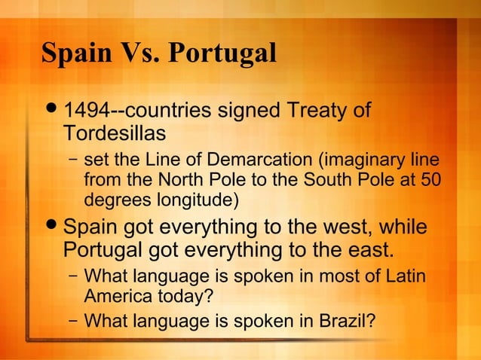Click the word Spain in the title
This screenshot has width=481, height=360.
coord(72,53)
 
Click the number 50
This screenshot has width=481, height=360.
coord(432,182)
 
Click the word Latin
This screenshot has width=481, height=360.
coord(406,276)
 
